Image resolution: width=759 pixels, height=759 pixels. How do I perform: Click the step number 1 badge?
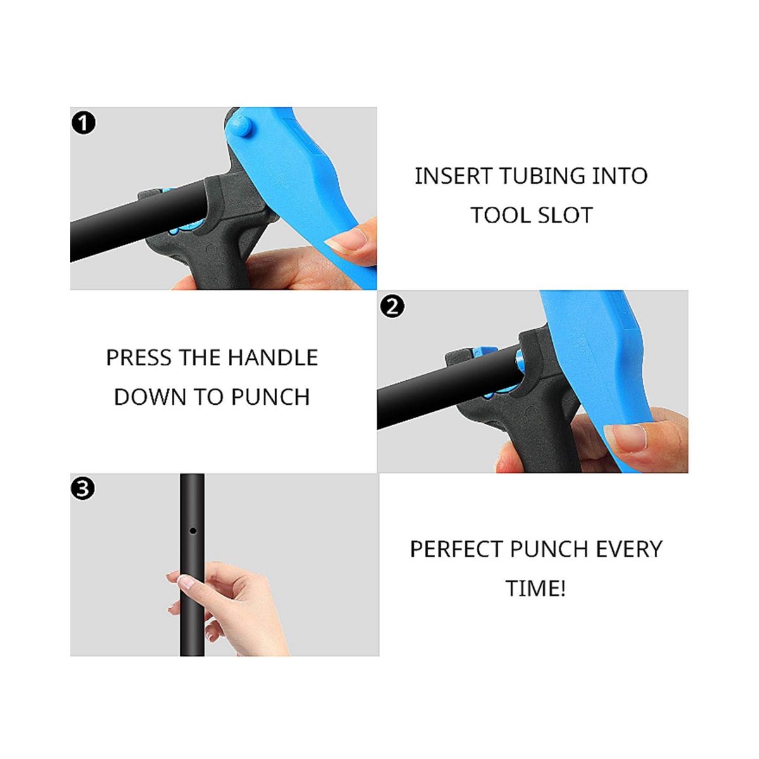(x=83, y=123)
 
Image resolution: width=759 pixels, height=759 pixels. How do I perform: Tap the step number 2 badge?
(x=392, y=306)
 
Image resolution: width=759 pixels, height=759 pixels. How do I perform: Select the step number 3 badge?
(x=83, y=489)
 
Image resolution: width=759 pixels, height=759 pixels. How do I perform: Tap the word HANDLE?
(x=273, y=357)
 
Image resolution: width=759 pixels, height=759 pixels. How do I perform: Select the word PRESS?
(x=139, y=357)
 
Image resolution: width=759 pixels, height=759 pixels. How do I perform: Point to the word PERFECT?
(x=456, y=549)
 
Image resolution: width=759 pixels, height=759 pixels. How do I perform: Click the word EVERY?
(x=629, y=549)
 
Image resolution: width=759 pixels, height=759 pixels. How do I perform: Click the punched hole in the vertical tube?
(x=193, y=531)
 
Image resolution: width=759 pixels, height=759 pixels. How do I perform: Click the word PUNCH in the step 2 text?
(x=270, y=397)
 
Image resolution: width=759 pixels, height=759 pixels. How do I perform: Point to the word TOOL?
(x=500, y=216)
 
